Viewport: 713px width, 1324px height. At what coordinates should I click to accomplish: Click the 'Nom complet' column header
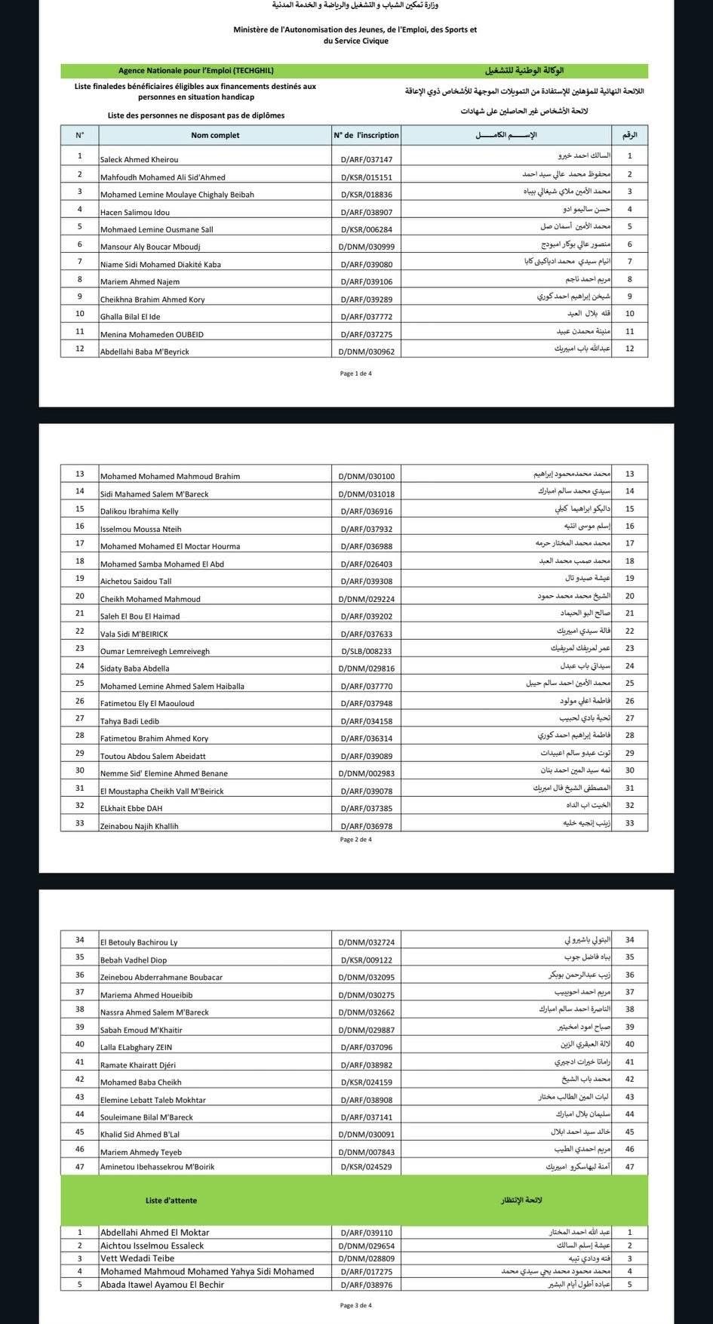point(215,136)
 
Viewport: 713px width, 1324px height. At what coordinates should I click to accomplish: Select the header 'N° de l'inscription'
point(366,136)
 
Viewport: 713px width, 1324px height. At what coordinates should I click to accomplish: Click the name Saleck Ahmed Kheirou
point(140,160)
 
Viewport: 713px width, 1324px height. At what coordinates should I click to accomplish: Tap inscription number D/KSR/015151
point(366,177)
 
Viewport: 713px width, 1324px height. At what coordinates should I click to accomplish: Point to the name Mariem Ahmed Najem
point(140,282)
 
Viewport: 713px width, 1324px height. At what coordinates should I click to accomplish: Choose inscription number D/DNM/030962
point(366,352)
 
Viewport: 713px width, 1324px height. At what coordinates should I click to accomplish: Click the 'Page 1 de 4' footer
point(356,373)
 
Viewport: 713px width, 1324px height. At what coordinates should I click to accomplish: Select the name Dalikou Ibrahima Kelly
point(140,511)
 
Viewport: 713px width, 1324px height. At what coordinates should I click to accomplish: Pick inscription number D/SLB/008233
point(366,651)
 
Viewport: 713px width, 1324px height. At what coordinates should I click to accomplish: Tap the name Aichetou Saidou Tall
point(136,582)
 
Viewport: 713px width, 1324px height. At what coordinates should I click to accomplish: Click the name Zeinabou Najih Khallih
point(140,826)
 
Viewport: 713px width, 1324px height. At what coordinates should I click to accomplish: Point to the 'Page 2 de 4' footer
point(356,840)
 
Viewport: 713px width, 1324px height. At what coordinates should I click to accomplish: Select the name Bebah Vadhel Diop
point(134,960)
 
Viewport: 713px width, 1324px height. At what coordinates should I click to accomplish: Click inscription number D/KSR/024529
point(366,1167)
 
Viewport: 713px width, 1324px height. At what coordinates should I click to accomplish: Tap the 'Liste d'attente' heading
point(171,1200)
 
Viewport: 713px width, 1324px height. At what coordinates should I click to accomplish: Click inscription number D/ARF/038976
point(366,1285)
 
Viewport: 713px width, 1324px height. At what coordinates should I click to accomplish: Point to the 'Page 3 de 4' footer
point(356,1305)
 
